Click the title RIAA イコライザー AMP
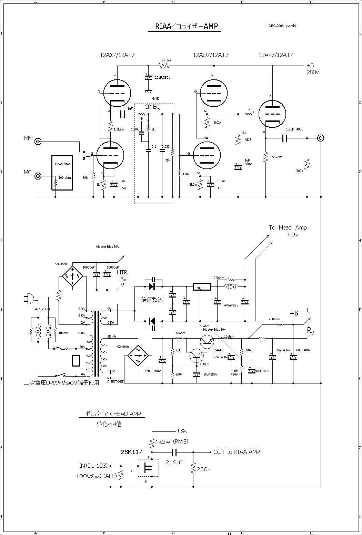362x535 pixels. pos(184,27)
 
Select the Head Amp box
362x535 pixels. pos(62,172)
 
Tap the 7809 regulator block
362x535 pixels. pos(200,288)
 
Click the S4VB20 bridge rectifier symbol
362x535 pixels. pos(72,276)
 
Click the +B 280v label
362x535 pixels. pos(312,69)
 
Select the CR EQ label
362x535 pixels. pos(152,107)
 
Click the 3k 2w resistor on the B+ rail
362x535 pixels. pos(164,65)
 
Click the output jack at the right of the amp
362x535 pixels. pos(321,138)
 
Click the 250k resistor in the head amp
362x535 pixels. pos(193,468)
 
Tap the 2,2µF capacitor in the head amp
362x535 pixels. pos(174,452)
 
